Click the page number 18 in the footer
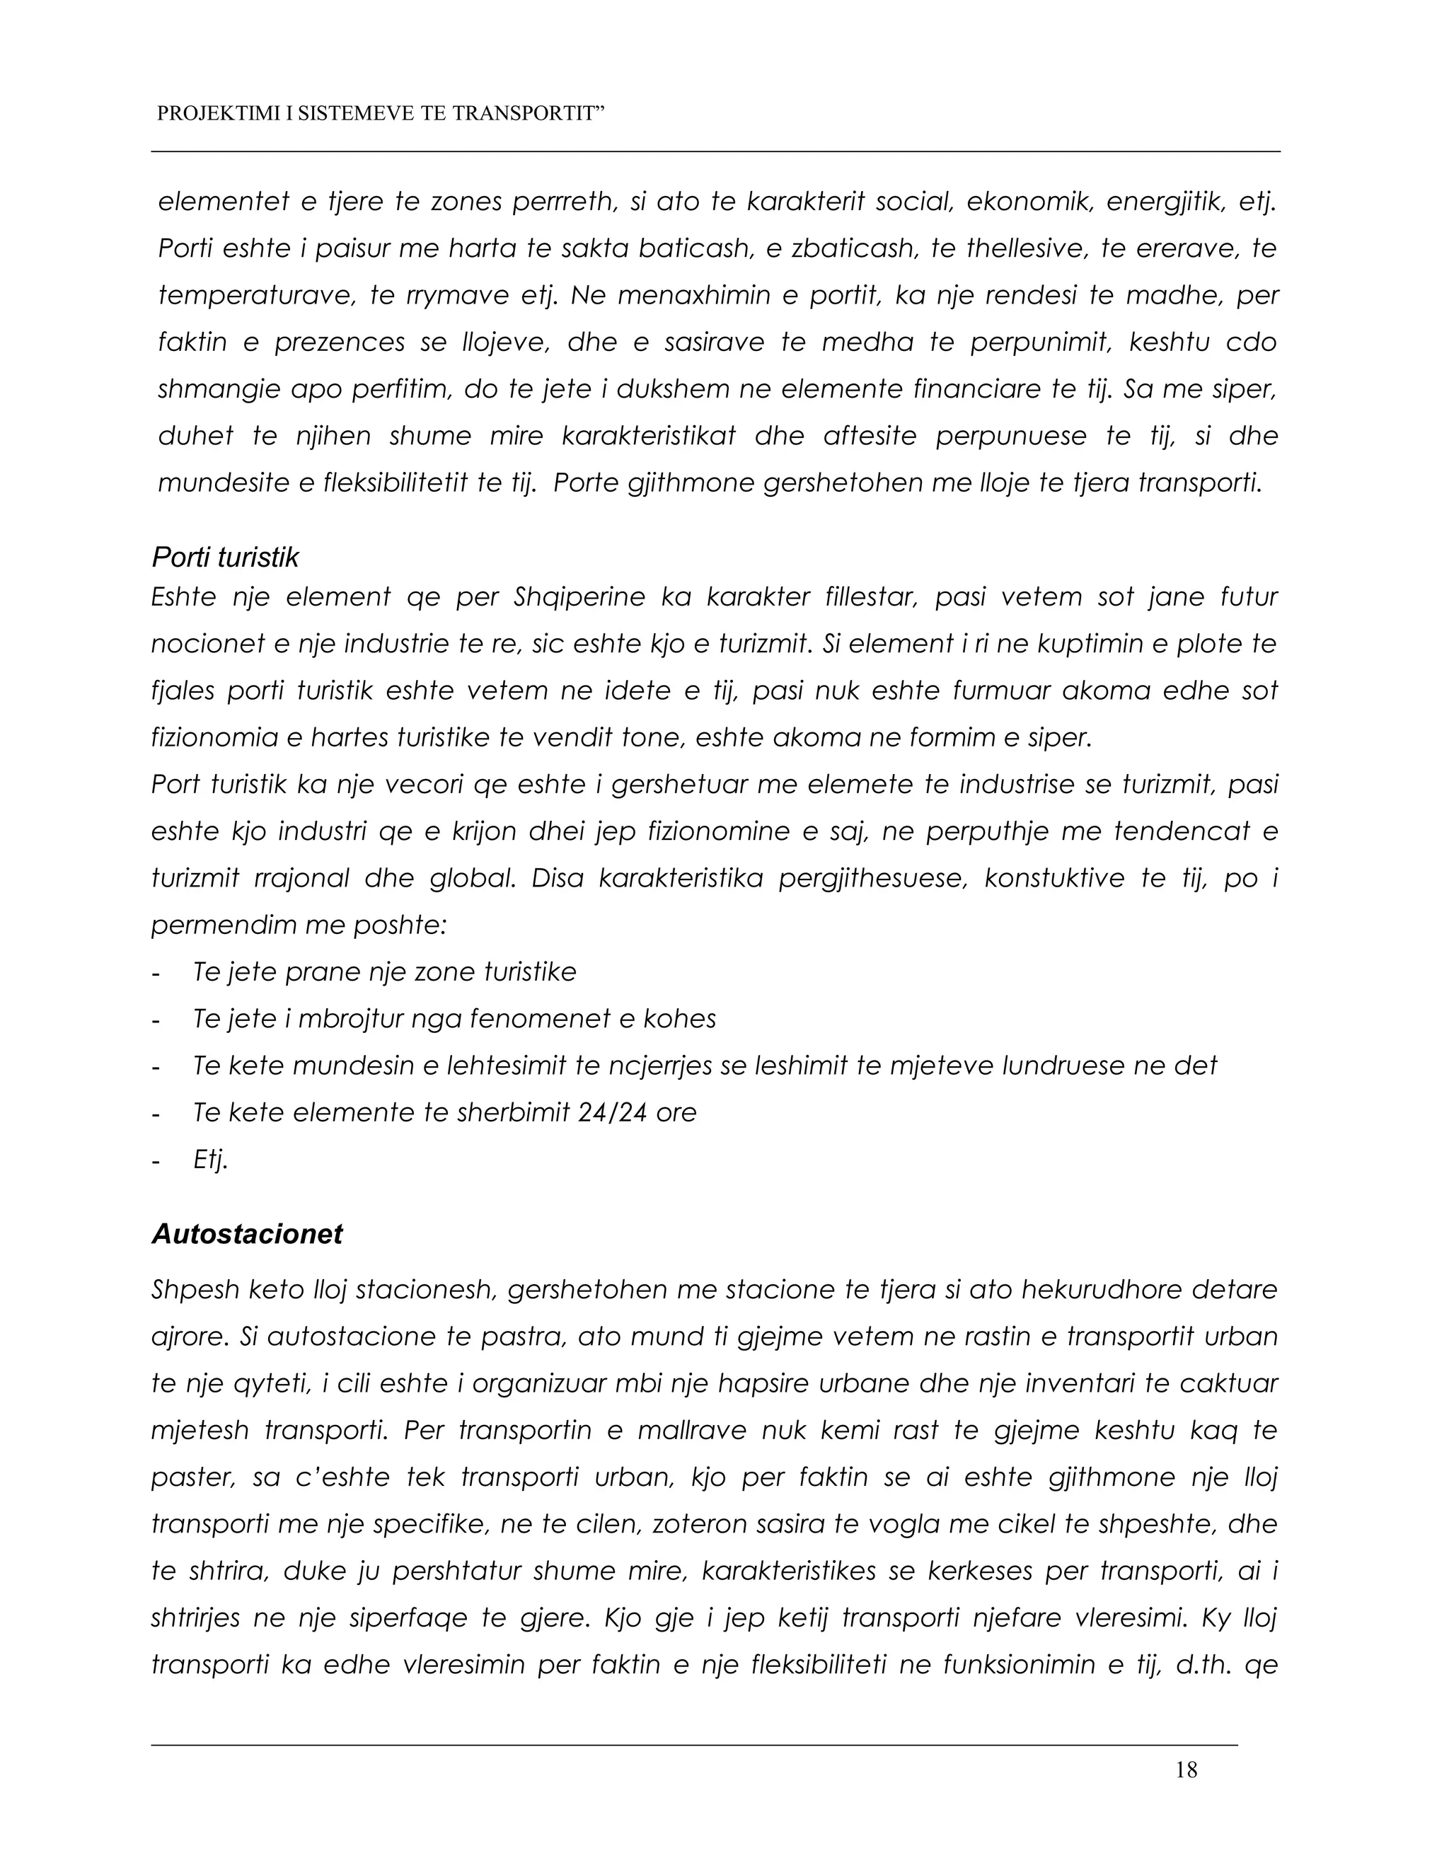(1187, 1770)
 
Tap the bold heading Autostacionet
(246, 1234)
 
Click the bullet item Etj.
(210, 1160)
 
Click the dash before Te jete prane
(156, 973)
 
